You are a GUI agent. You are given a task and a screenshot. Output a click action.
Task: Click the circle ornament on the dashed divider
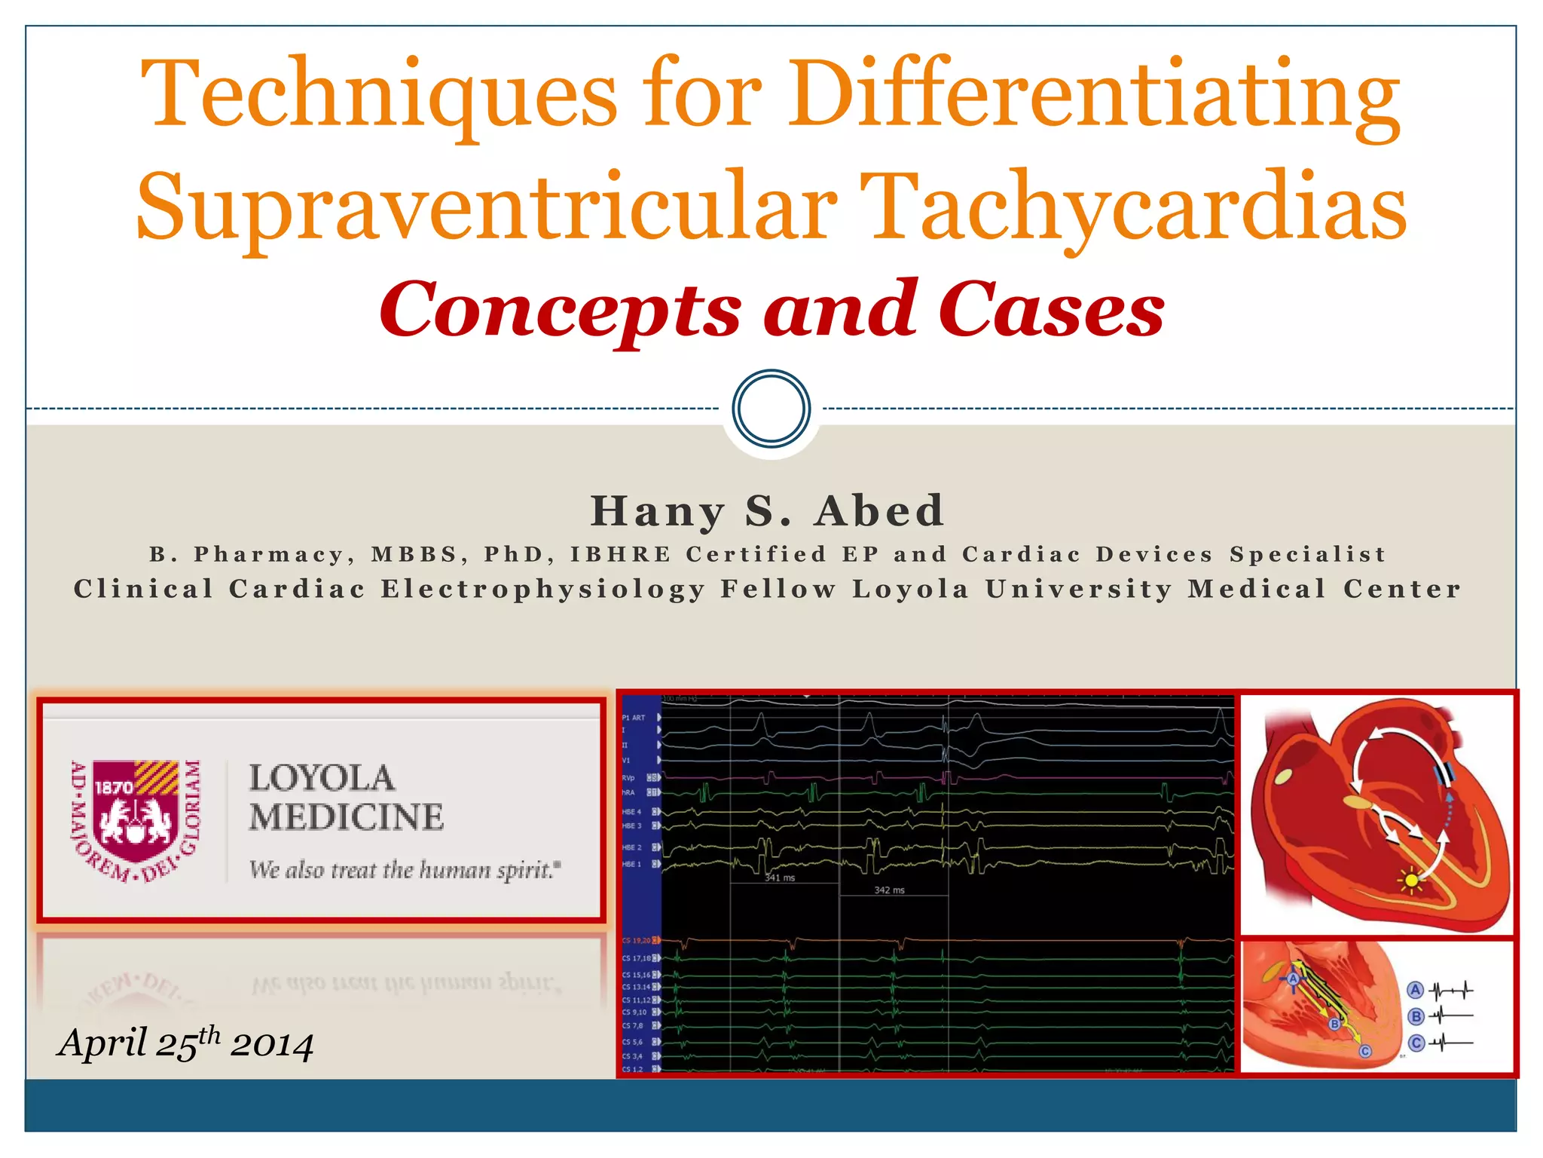click(x=771, y=408)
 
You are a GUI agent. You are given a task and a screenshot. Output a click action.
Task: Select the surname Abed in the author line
click(x=879, y=511)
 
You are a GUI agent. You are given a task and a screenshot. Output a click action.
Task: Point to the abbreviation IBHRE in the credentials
click(x=620, y=555)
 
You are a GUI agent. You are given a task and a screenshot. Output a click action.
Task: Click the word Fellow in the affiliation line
click(x=778, y=589)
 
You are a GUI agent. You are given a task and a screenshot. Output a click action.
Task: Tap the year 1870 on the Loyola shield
click(x=114, y=788)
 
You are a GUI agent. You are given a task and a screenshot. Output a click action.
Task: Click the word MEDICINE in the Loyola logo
click(x=347, y=818)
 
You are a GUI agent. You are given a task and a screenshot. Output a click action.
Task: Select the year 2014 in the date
click(x=272, y=1046)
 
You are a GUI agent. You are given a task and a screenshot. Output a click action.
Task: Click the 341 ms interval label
click(x=780, y=878)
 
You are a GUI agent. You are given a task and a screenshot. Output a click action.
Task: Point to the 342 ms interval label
click(x=889, y=890)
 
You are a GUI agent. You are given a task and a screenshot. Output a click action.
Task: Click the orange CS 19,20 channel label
click(x=637, y=941)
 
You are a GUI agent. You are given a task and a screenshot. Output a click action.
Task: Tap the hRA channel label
click(x=628, y=793)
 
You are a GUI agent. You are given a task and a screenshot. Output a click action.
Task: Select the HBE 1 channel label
click(x=631, y=864)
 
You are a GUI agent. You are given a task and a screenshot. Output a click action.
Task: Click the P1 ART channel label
click(x=633, y=718)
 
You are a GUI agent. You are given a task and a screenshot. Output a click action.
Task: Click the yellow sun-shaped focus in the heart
click(x=1411, y=880)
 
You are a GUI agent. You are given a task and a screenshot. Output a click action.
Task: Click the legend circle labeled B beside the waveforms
click(x=1416, y=1017)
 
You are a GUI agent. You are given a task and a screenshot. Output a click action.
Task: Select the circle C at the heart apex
click(x=1365, y=1052)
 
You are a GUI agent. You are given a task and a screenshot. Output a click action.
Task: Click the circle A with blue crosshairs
click(x=1294, y=979)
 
